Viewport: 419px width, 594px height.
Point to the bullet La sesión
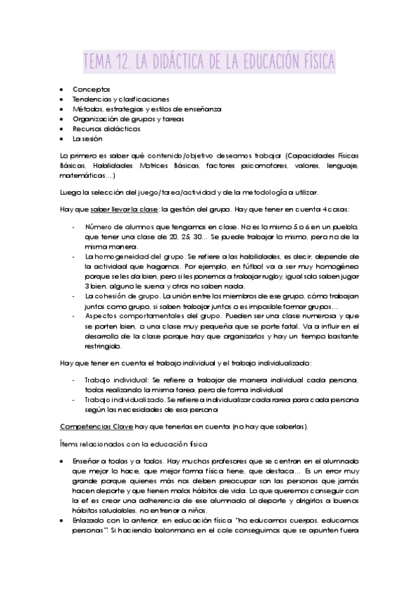click(x=87, y=139)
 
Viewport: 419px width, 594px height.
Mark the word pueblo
click(x=343, y=228)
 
